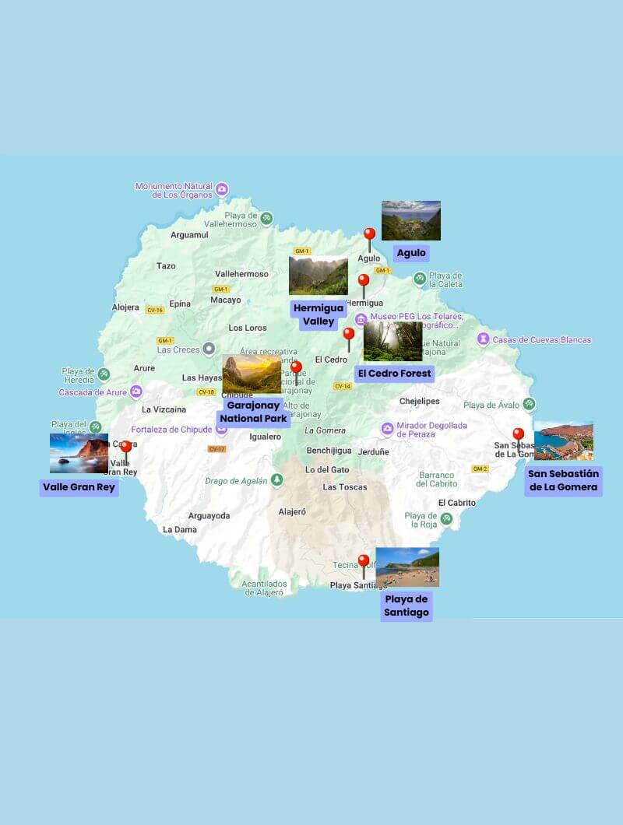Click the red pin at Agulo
coord(369,234)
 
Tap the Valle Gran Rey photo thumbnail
coord(79,453)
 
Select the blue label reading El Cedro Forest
coord(393,374)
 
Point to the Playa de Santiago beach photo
coord(407,567)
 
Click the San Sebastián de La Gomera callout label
coord(563,480)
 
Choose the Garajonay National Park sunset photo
coord(252,375)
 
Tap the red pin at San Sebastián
coord(518,435)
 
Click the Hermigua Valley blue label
coord(319,314)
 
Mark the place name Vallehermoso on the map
coord(241,274)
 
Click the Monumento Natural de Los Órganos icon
coord(222,189)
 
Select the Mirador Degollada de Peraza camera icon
coord(387,429)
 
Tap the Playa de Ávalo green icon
coord(529,404)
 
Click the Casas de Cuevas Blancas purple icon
coord(483,339)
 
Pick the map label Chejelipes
coord(419,401)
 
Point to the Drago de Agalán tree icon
coord(276,480)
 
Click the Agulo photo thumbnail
coord(410,221)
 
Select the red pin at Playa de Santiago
coord(363,561)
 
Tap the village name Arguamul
coord(189,234)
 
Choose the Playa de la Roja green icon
coord(446,518)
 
